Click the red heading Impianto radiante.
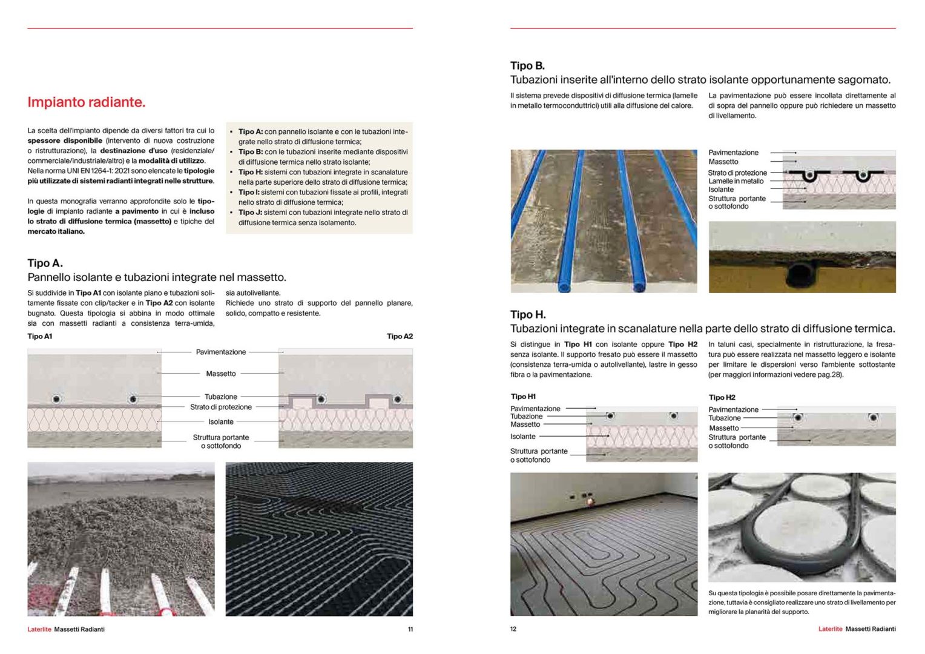point(86,102)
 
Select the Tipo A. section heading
point(45,263)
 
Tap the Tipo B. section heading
point(527,65)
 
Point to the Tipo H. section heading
point(528,314)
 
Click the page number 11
point(410,629)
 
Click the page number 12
point(513,629)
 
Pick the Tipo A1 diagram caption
point(40,336)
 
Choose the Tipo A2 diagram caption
point(400,336)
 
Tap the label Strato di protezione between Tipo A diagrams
point(221,407)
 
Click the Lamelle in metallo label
point(736,181)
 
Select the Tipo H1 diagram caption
point(523,397)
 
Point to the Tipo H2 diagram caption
point(722,397)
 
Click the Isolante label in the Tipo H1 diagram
point(523,437)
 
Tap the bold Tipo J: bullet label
point(250,213)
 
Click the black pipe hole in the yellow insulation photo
point(802,275)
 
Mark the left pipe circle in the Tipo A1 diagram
point(56,399)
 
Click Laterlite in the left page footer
point(39,629)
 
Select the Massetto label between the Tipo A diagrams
point(221,374)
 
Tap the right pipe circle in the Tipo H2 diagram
point(873,417)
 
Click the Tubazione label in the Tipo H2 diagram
point(725,418)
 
